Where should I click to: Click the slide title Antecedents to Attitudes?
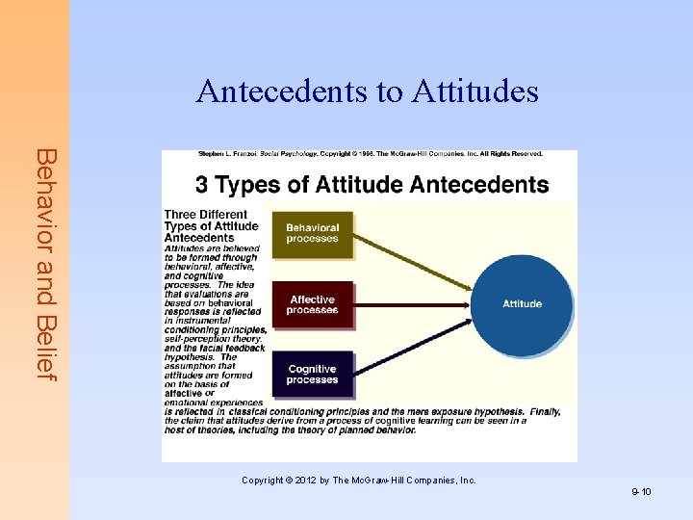368,91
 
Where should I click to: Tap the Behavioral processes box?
313,233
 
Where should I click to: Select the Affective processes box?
313,305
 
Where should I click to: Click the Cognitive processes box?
313,375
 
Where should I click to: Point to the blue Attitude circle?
523,303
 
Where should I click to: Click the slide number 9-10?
642,492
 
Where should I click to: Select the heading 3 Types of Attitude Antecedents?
372,184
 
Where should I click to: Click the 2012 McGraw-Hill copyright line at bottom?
359,480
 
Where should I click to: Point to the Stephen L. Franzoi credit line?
371,154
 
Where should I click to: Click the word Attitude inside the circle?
523,304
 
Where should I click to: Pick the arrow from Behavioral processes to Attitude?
414,260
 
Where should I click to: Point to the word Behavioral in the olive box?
313,227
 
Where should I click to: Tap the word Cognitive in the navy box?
313,369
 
